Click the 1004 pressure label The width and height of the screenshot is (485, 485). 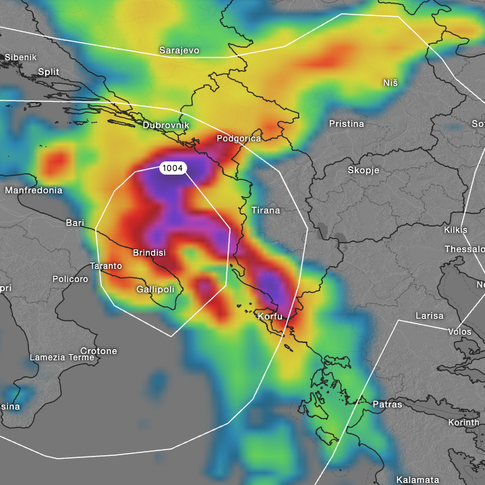point(173,168)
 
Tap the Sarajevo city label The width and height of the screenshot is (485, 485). point(179,51)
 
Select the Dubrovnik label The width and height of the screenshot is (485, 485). point(166,125)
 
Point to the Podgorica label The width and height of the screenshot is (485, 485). point(238,139)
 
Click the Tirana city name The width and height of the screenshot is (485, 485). point(265,210)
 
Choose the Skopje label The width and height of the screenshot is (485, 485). point(363,170)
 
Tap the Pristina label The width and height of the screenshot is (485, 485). point(346,124)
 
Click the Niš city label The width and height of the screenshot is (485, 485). point(390,83)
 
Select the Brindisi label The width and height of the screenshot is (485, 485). point(149,253)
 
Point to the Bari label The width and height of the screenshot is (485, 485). point(74,223)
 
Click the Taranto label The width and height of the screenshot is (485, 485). point(106,266)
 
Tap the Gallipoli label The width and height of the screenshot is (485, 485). point(155,289)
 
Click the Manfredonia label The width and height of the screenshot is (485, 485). point(33,191)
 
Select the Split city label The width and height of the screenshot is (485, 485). point(48,71)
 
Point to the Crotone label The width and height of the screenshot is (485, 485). point(98,351)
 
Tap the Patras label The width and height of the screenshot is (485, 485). point(387,404)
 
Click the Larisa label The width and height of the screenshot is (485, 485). point(429,316)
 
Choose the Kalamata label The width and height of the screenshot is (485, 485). point(417,479)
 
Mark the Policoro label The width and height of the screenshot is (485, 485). point(70,279)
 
